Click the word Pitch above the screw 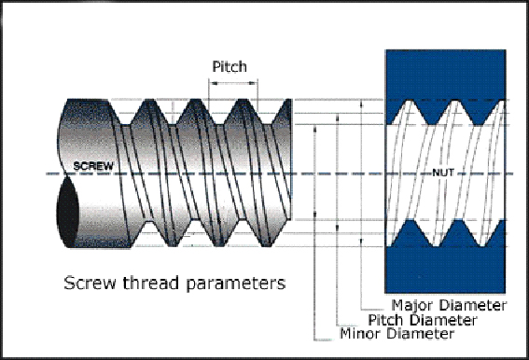point(230,66)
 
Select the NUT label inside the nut point(444,173)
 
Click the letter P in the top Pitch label point(217,66)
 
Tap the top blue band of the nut point(446,75)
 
